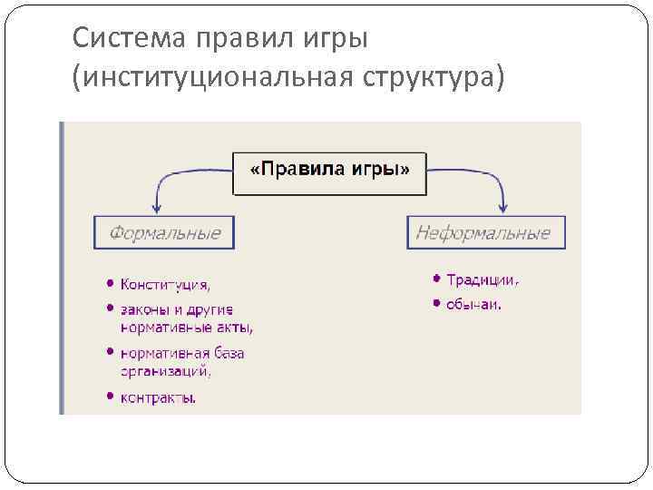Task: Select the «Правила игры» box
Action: (330, 170)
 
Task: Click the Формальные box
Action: (163, 233)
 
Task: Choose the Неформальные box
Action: (484, 233)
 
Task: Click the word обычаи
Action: (473, 304)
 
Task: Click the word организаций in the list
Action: (165, 369)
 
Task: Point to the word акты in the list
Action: (230, 327)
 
